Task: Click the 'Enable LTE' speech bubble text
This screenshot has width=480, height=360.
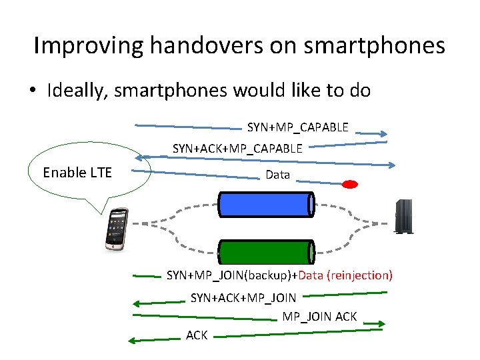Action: click(77, 173)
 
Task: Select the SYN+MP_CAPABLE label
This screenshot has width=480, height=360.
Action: click(298, 127)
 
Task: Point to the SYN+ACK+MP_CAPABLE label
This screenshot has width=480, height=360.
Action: click(237, 148)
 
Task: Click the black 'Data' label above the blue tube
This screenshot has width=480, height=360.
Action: click(277, 175)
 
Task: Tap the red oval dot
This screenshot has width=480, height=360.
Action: click(349, 184)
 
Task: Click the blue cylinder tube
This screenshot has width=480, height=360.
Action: click(267, 204)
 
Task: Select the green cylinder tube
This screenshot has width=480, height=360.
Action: click(267, 252)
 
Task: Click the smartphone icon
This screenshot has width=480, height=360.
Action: click(117, 229)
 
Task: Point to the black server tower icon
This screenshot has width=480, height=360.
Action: click(403, 216)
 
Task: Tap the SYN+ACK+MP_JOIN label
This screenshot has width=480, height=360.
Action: click(243, 297)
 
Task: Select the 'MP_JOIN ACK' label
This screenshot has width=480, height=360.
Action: click(319, 316)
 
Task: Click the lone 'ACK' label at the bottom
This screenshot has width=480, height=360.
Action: click(197, 335)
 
